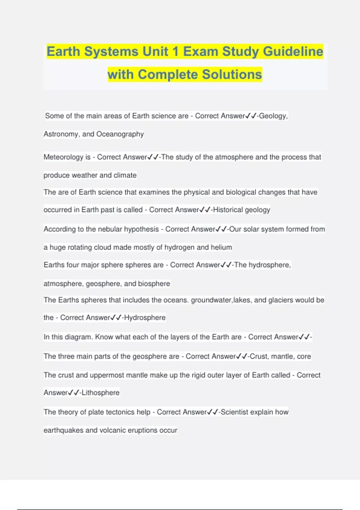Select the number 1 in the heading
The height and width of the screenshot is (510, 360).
(175, 51)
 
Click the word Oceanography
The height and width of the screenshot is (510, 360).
(120, 134)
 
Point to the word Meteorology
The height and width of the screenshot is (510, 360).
(63, 157)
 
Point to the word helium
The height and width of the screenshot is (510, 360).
(221, 247)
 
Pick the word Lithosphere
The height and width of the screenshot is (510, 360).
(100, 392)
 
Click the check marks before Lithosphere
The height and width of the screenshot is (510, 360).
(73, 392)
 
